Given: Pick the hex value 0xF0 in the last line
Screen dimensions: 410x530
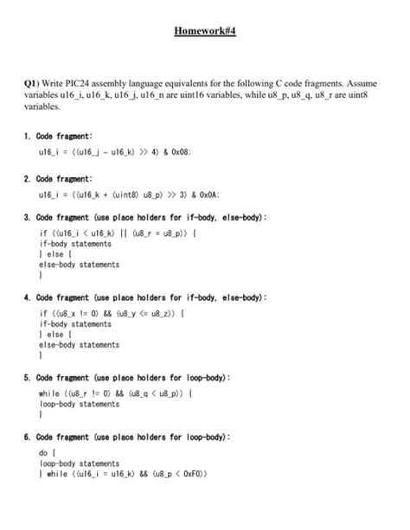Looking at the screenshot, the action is (x=193, y=475).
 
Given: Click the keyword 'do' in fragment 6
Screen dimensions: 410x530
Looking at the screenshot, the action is (x=45, y=452).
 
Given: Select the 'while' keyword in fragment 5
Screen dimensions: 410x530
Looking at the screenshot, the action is (x=50, y=393).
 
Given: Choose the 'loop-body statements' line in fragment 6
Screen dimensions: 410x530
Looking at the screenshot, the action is (x=80, y=463).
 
